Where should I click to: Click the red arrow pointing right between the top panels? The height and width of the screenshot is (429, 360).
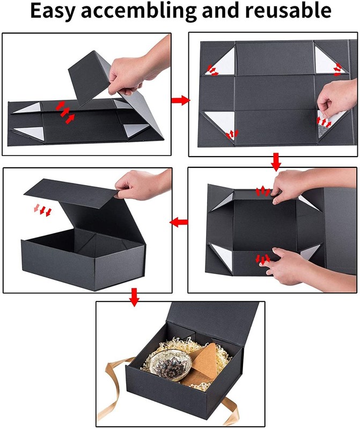[x=180, y=100]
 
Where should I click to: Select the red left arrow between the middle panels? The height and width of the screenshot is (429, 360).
[x=179, y=221]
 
